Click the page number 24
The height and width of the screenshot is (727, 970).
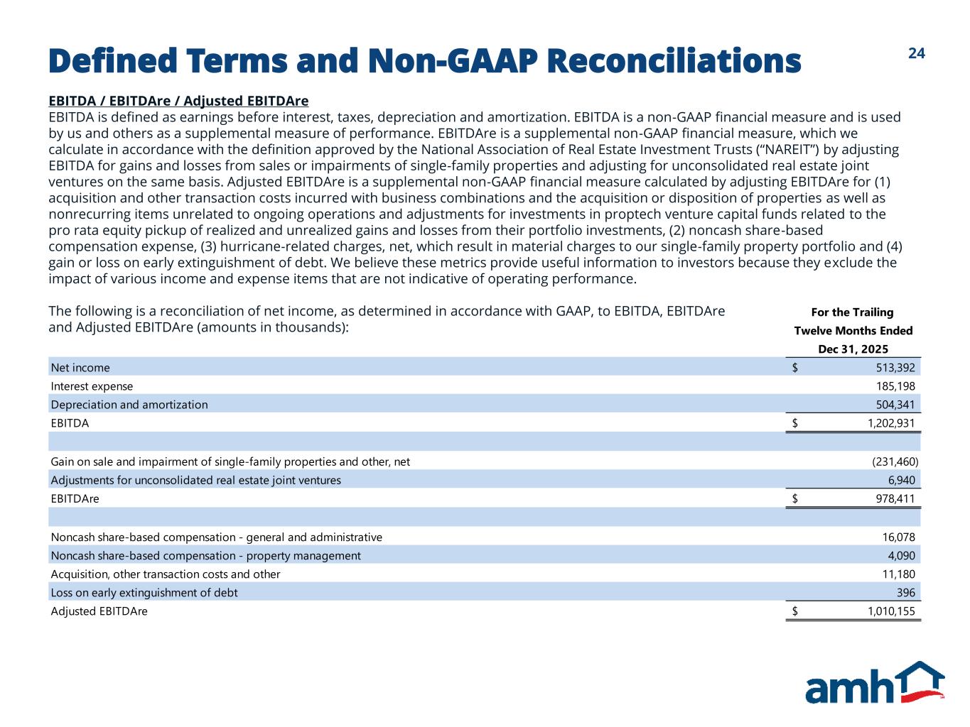click(x=917, y=53)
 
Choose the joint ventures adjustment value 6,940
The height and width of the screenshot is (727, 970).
click(x=901, y=480)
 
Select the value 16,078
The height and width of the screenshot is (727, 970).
click(x=898, y=537)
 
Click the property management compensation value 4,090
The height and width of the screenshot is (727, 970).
click(x=901, y=556)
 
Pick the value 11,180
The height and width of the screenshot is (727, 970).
click(x=898, y=574)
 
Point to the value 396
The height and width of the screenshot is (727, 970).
click(x=906, y=593)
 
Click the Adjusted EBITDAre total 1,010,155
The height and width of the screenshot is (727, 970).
click(x=891, y=611)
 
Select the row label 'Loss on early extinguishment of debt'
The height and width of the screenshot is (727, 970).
click(x=144, y=593)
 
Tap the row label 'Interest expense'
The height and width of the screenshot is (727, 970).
click(x=92, y=386)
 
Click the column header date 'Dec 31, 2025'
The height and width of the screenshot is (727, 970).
click(x=853, y=349)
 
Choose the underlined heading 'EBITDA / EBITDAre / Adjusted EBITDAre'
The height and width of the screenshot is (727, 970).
click(x=178, y=101)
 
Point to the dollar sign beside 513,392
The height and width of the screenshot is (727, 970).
click(x=795, y=368)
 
